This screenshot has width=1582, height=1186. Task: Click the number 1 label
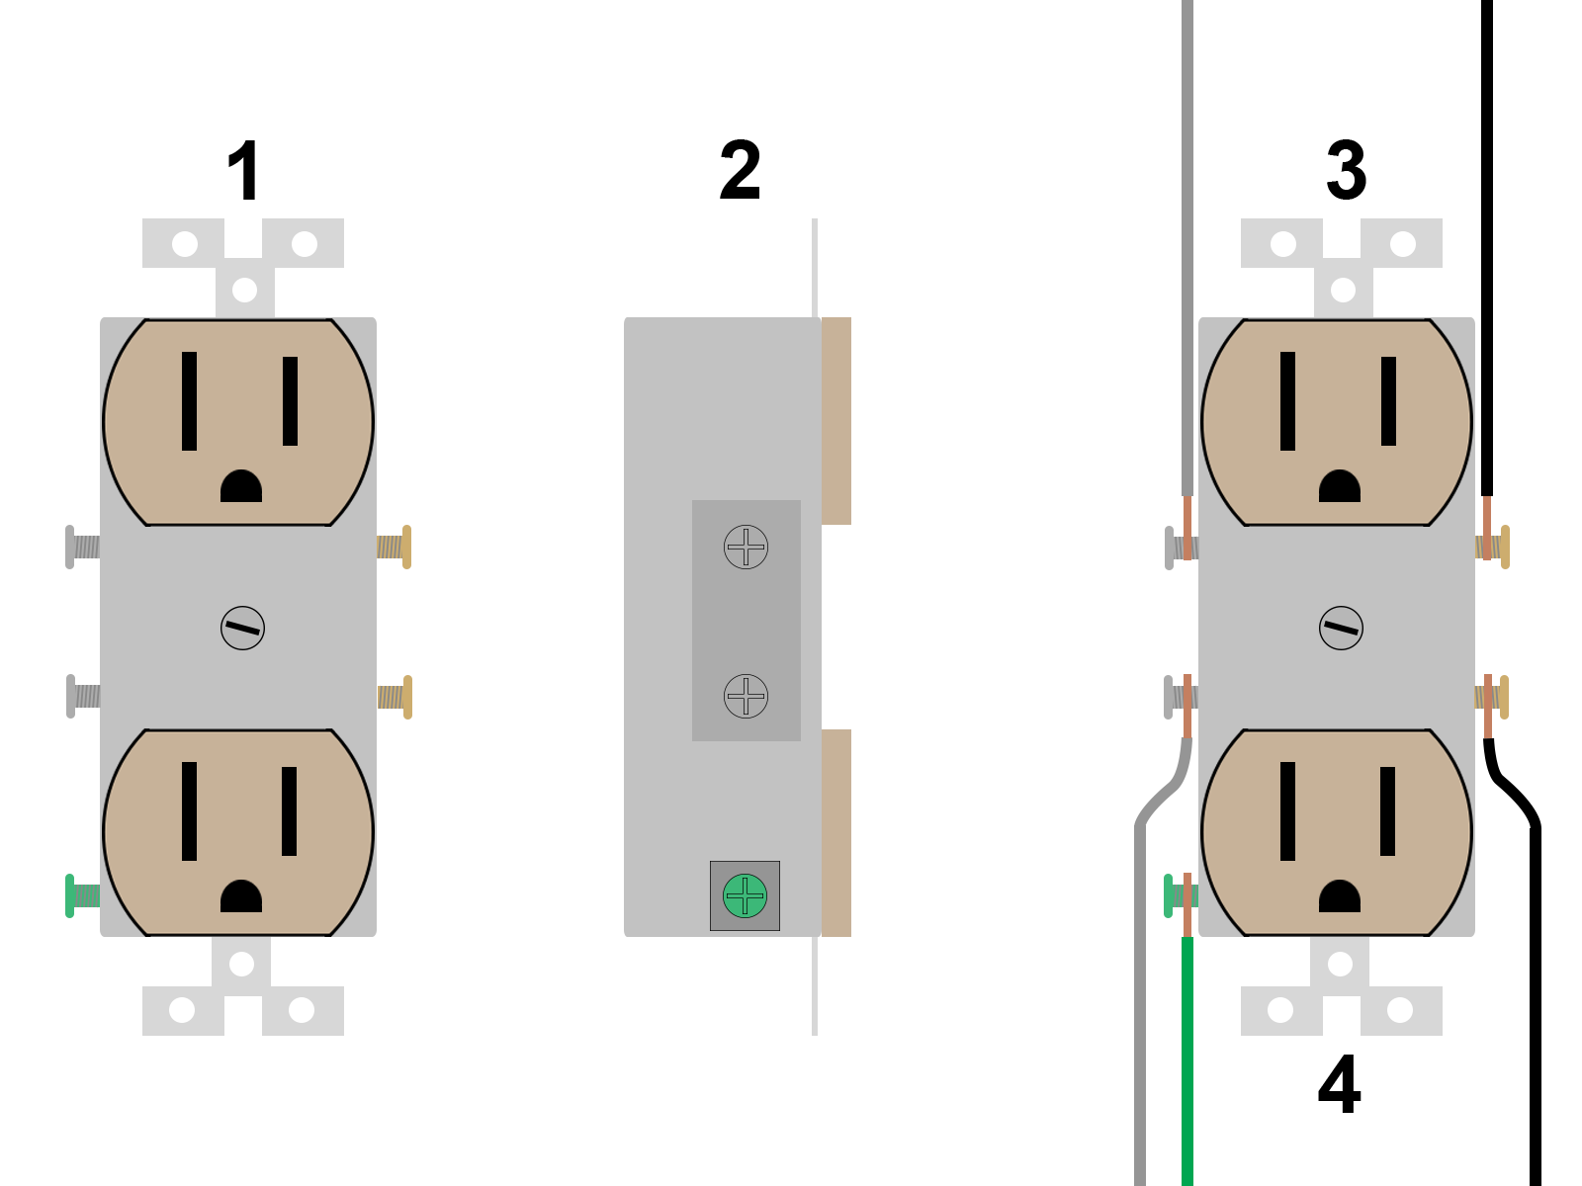coord(243,171)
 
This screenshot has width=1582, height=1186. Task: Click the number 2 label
coord(741,170)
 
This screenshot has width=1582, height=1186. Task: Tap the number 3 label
coord(1347,170)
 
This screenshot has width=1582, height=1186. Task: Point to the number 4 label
coord(1339,1084)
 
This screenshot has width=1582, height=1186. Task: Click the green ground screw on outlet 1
coord(83,895)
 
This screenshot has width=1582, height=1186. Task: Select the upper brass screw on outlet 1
coord(395,548)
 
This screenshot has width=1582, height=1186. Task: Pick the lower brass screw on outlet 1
coord(395,697)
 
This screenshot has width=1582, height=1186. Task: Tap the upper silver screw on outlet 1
coord(83,548)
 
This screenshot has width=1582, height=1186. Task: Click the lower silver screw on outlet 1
coord(83,697)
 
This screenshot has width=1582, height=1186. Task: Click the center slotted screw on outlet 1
coord(243,628)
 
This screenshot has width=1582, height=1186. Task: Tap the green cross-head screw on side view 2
coord(745,895)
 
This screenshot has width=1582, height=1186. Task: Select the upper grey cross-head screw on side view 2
coord(746,548)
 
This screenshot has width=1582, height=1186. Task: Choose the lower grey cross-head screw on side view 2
coord(746,697)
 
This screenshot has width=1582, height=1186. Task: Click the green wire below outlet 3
coord(1187,1060)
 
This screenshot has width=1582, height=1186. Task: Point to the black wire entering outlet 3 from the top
coord(1487,248)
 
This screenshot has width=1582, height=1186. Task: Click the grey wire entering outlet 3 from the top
coord(1187,248)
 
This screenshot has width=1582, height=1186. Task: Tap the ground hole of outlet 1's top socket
coord(241,486)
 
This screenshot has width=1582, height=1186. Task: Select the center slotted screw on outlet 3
coord(1342,628)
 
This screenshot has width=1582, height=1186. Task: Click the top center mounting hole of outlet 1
coord(245,291)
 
